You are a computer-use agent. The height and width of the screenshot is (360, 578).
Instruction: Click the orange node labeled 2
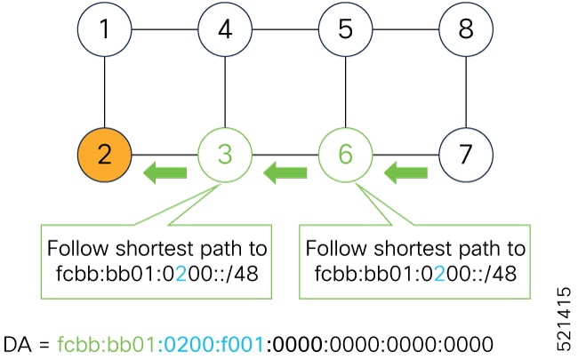(105, 153)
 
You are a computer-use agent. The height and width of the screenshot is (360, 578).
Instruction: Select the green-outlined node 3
(225, 153)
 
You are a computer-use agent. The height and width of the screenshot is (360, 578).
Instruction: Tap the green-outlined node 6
(345, 153)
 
